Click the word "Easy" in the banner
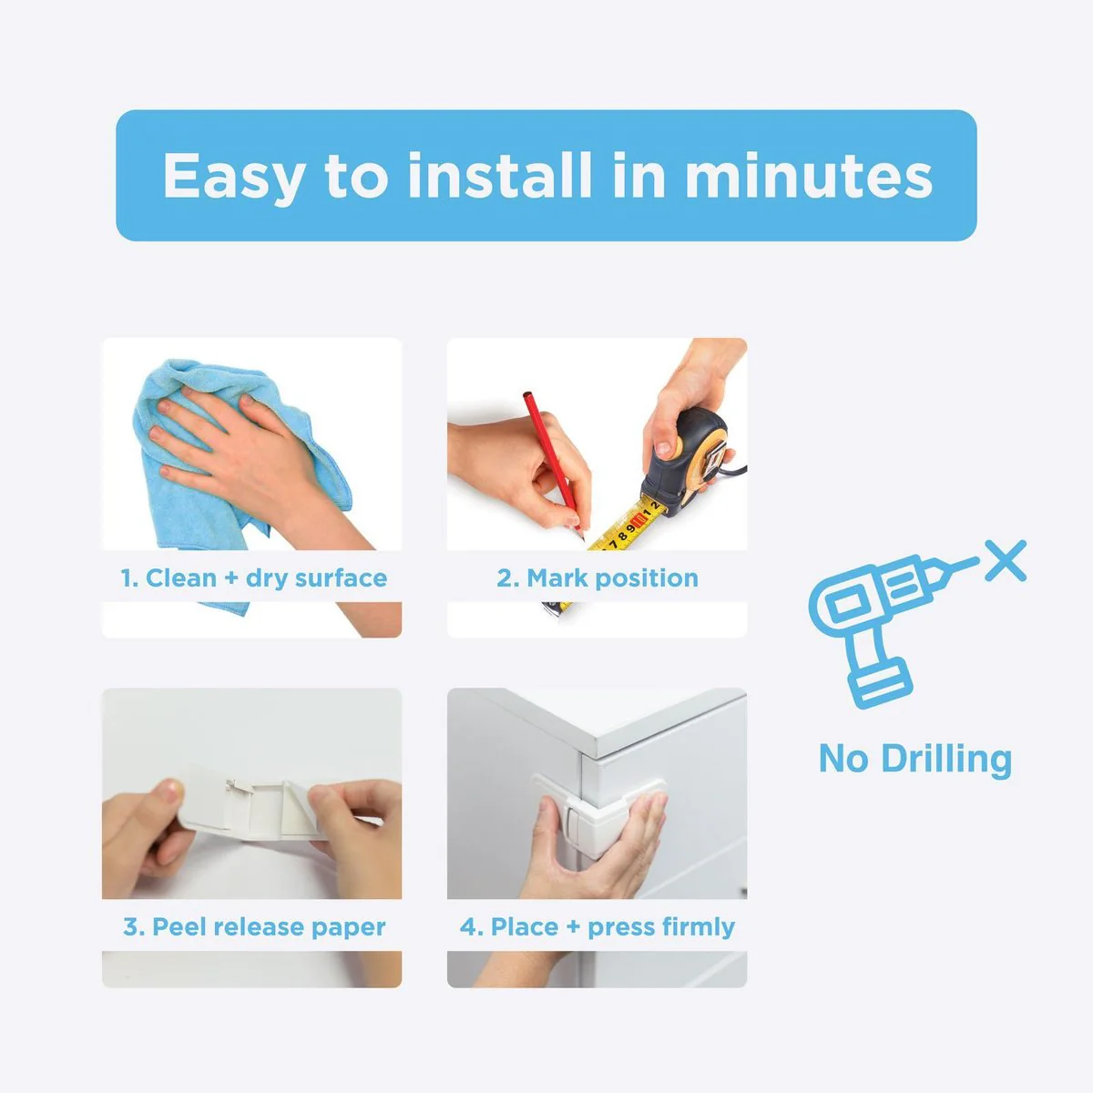233,177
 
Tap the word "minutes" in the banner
809,177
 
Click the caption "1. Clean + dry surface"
253,578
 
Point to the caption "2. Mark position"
598,578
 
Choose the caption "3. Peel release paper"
253,927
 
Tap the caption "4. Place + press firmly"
598,927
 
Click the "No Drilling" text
915,759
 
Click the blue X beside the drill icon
1006,560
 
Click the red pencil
553,461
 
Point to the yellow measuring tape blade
624,527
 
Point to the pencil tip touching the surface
581,535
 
